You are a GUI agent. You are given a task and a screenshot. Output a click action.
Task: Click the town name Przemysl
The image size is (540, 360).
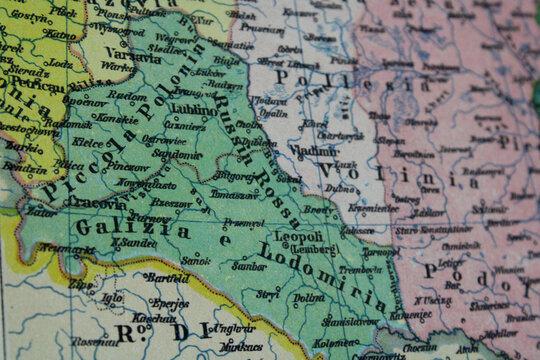[x=244, y=223]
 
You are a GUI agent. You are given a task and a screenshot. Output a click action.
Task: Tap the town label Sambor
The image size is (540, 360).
[x=249, y=267]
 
